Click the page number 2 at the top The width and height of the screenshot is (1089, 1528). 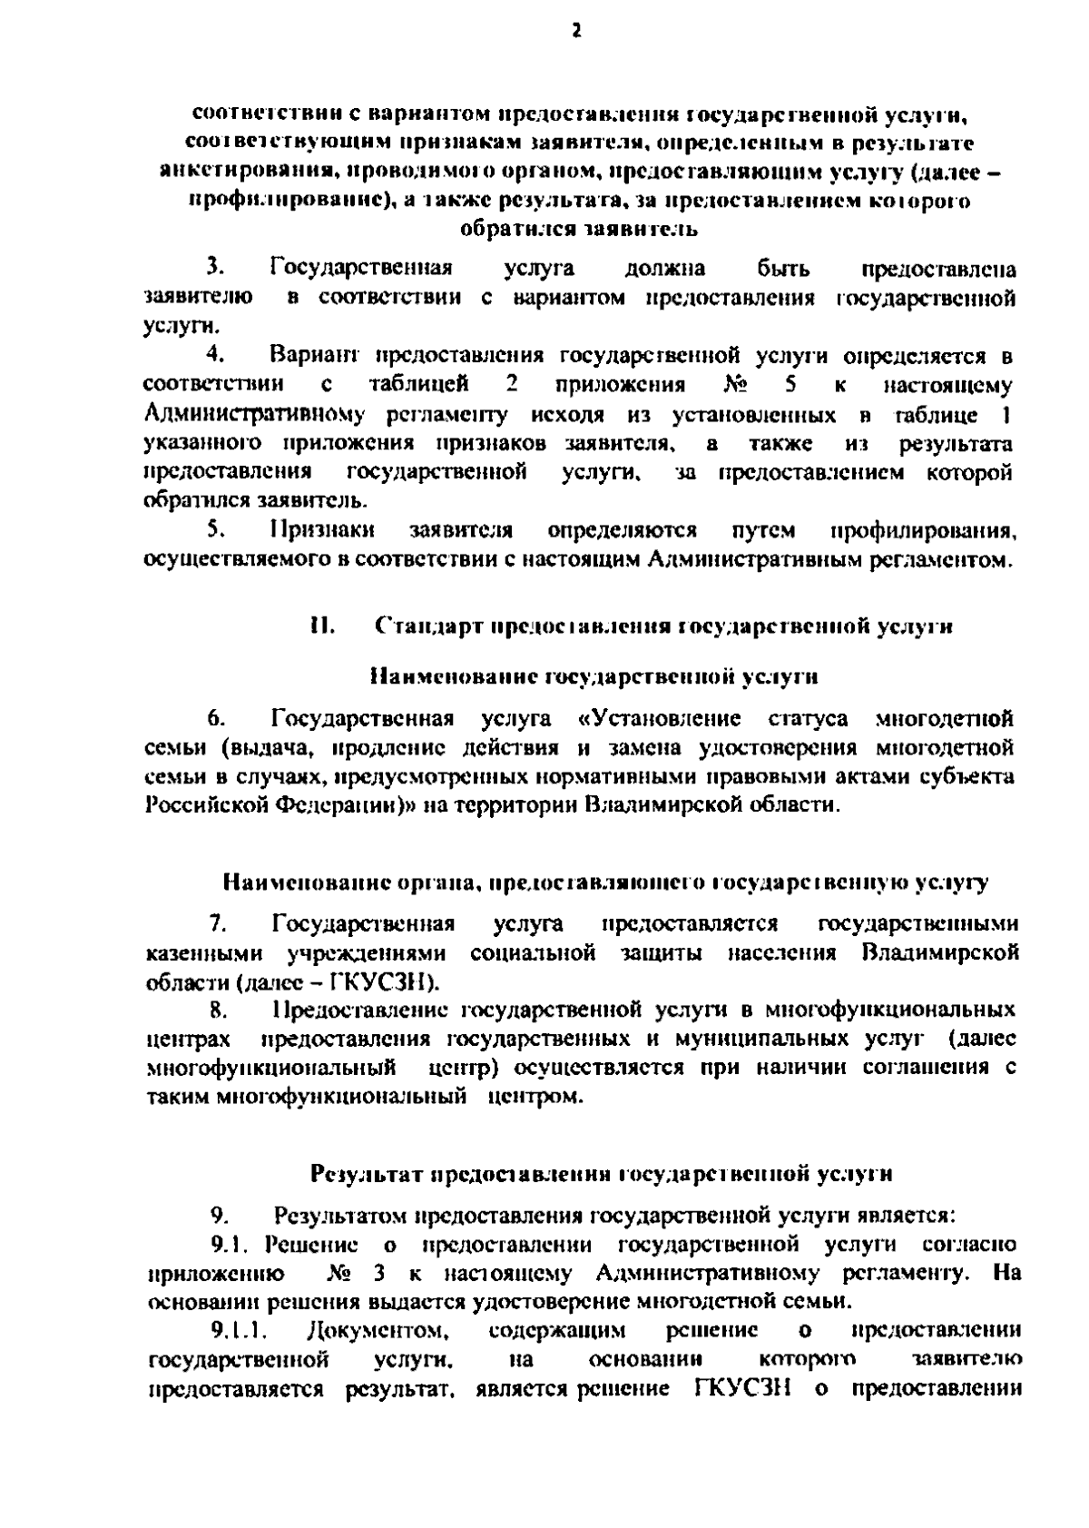tap(574, 31)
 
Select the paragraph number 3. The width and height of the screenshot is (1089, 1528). tap(215, 269)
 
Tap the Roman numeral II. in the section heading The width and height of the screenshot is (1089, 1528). tap(322, 626)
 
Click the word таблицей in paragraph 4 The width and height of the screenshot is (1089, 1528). tap(418, 384)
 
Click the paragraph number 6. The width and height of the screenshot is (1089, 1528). tap(215, 719)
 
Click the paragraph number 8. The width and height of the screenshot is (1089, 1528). tap(217, 1009)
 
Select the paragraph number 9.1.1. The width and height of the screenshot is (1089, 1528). tap(238, 1330)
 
